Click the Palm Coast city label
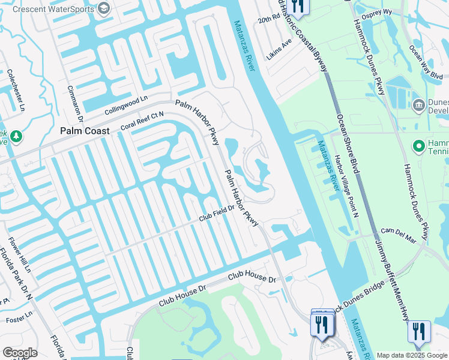point(84,131)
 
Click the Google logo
point(20,353)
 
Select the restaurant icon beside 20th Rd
point(297,6)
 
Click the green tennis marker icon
point(418,146)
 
